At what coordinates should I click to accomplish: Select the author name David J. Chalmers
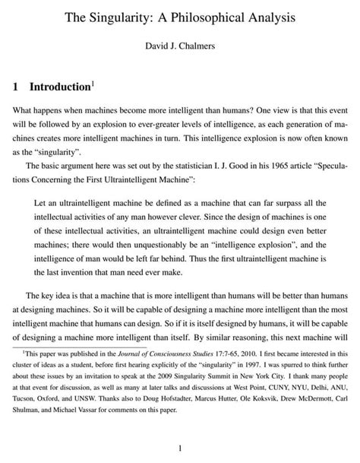(180, 47)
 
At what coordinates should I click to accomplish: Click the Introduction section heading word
(65, 87)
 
